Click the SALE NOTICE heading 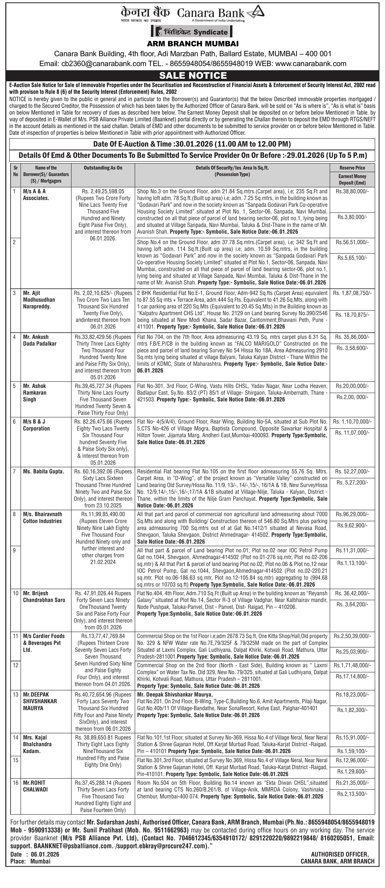pos(192,76)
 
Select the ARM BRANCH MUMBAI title pos(192,44)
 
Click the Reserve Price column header pos(352,168)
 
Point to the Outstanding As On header pos(103,168)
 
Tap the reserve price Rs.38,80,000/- pos(352,191)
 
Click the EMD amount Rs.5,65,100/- pos(352,258)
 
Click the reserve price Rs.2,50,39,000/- pos(352,636)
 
